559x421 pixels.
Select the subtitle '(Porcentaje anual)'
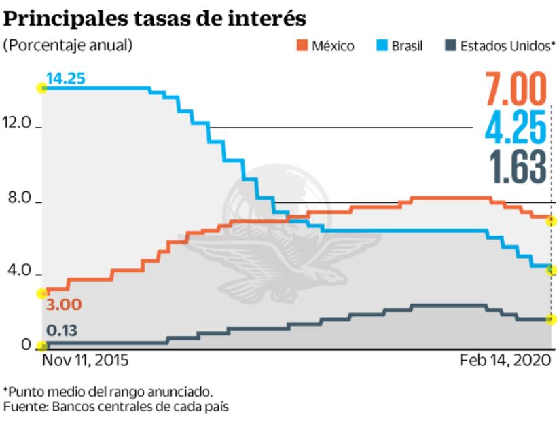pyautogui.click(x=68, y=45)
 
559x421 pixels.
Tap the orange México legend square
pyautogui.click(x=302, y=46)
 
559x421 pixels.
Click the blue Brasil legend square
pyautogui.click(x=381, y=46)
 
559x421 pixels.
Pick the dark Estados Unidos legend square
pyautogui.click(x=450, y=46)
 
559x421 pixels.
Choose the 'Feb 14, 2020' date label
pyautogui.click(x=507, y=360)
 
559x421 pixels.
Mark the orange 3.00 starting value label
pyautogui.click(x=63, y=305)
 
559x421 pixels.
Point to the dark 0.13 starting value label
pyautogui.click(x=62, y=331)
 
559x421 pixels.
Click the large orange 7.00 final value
pyautogui.click(x=516, y=89)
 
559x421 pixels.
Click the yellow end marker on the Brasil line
pyautogui.click(x=552, y=270)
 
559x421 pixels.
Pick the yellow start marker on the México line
pyautogui.click(x=42, y=293)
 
